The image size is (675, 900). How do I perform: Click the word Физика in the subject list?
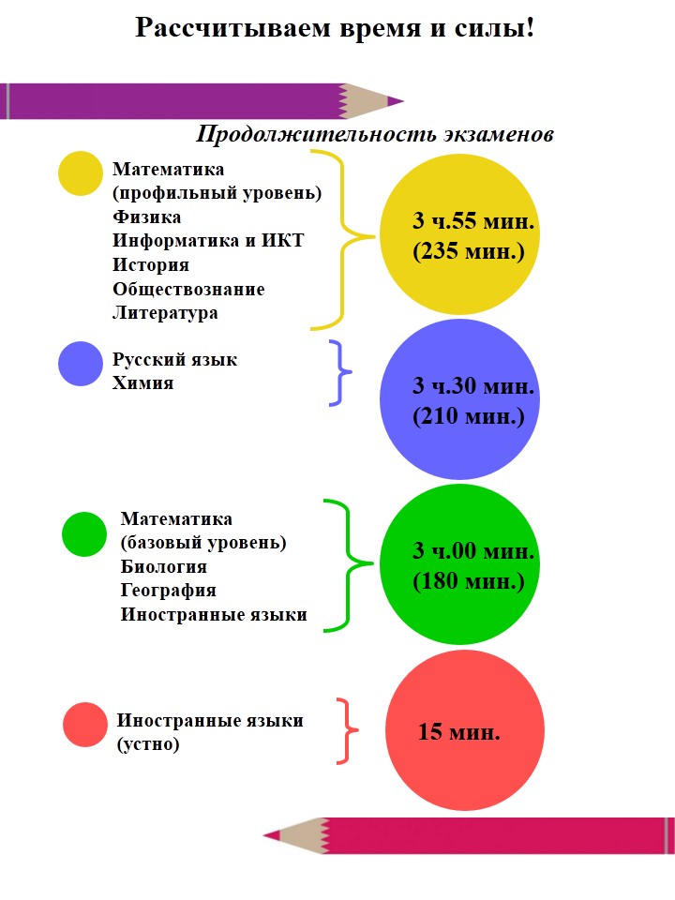tap(146, 217)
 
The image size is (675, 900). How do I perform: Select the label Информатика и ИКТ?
tap(208, 241)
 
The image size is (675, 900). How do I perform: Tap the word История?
tap(150, 264)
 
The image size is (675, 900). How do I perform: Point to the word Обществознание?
tap(188, 289)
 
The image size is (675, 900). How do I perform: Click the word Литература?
tap(165, 313)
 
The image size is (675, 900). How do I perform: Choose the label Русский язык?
tap(174, 359)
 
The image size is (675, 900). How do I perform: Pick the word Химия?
tap(142, 382)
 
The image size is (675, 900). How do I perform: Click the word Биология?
tap(163, 566)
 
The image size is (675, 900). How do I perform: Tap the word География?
tap(168, 590)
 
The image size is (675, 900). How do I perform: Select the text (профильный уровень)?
tap(217, 193)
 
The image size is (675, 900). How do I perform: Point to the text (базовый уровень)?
tap(203, 543)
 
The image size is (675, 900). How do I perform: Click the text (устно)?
tap(148, 743)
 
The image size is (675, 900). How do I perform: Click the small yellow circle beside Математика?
tap(81, 173)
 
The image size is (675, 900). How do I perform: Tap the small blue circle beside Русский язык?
tap(81, 364)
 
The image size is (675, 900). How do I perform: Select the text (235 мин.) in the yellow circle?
tap(469, 251)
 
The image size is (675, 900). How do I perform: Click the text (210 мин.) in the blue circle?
tap(469, 416)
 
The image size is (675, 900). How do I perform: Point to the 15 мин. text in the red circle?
tap(458, 732)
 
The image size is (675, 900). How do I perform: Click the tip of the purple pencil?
tap(403, 101)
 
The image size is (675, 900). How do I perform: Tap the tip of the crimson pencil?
tap(264, 834)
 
